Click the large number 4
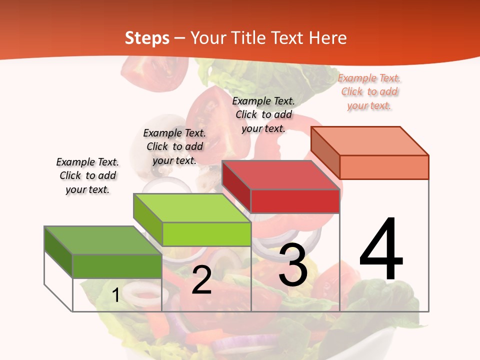coord(381,250)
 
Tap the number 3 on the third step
coord(293,265)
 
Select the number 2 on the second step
coord(201,280)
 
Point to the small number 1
coord(116,295)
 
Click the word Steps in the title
coord(147,38)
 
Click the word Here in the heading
coord(328,38)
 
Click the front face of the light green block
coord(206,234)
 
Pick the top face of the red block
coord(280,175)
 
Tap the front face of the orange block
coord(384,167)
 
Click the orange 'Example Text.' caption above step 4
coord(369,78)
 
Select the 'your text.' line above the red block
coord(263,128)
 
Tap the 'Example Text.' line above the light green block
coord(174,133)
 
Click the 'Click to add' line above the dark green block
coord(88,175)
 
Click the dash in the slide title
coord(180,38)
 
